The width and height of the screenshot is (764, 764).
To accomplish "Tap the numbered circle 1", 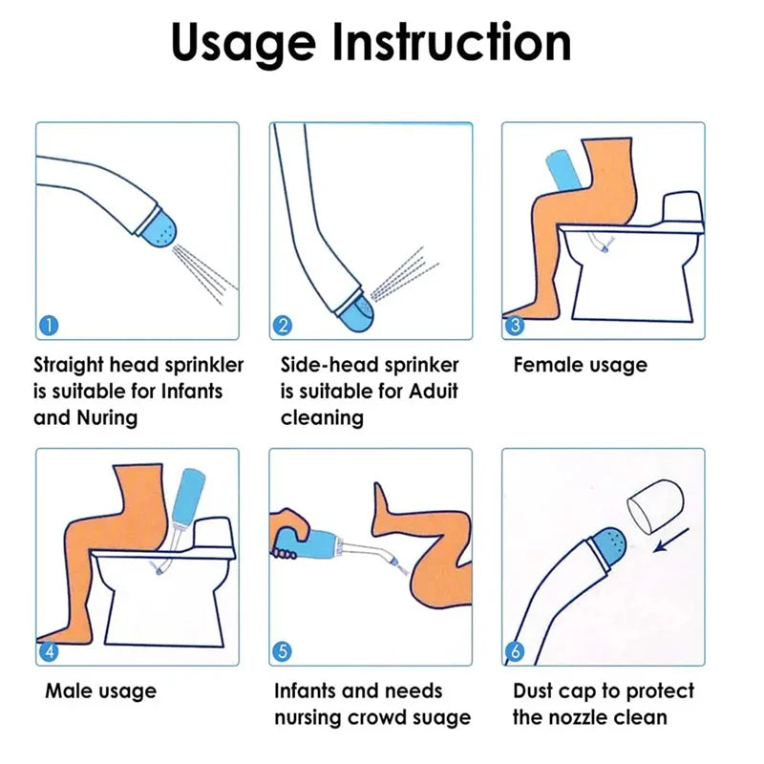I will tap(49, 325).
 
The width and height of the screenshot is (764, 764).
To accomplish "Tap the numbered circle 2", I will tap(282, 325).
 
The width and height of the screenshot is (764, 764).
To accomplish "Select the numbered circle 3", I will tap(515, 325).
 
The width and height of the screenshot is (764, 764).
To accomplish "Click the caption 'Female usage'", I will tap(580, 365).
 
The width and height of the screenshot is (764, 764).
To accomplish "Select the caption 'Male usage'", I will tap(100, 690).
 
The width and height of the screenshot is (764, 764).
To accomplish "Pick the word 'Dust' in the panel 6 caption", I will tap(538, 690).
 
